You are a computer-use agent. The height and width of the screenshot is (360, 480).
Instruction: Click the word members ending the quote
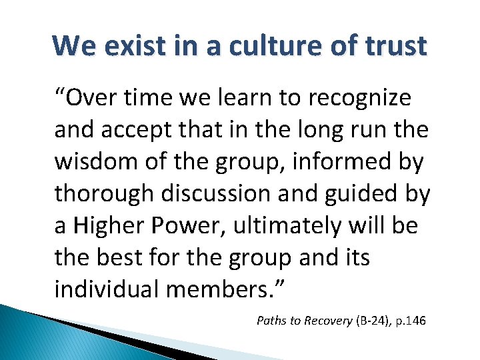point(231,290)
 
